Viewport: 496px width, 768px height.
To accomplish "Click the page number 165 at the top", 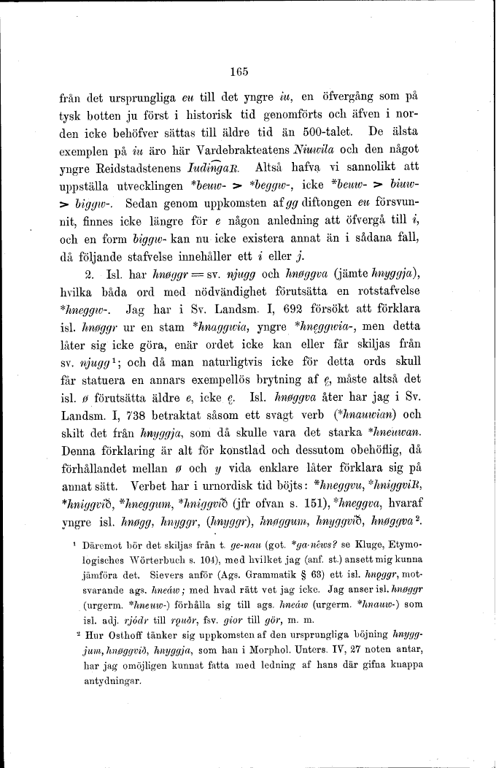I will pyautogui.click(x=239, y=72).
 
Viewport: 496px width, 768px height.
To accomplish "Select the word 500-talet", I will pyautogui.click(x=328, y=132).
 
